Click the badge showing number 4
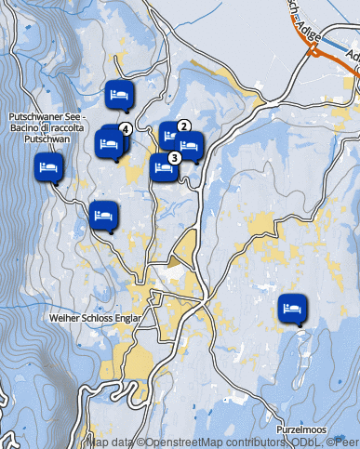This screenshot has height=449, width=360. coord(125,128)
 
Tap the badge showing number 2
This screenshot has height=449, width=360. coord(183,125)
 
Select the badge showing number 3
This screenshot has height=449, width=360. coord(174,157)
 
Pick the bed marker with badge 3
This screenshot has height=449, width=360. coord(164,167)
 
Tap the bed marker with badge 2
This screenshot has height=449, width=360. coord(172,136)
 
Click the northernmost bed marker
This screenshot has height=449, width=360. coord(118,94)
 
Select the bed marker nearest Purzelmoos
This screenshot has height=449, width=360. coord(291,307)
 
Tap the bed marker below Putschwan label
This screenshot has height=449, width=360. coord(48,168)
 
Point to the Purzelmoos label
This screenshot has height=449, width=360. coord(302,430)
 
